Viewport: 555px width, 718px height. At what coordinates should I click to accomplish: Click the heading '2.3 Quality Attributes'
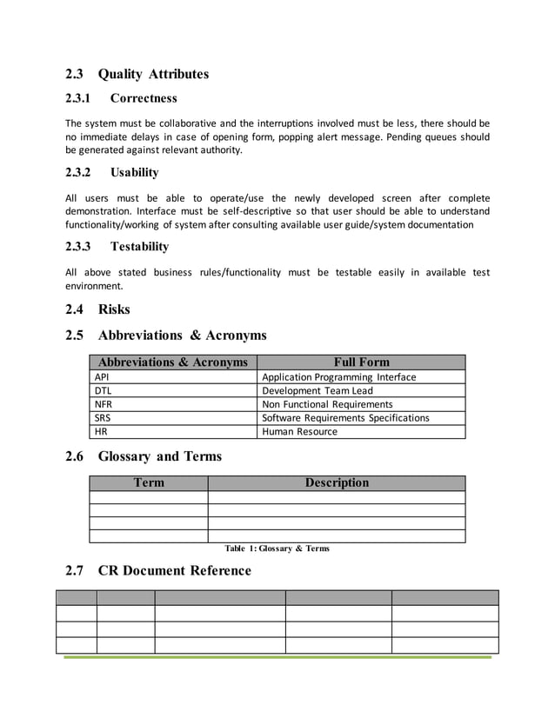(x=137, y=74)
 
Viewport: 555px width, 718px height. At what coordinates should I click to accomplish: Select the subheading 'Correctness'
(x=144, y=98)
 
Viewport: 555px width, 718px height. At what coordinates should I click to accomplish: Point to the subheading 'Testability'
(x=139, y=247)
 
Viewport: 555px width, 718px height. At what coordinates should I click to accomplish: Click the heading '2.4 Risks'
(x=97, y=309)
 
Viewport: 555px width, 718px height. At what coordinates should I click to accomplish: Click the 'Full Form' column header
(x=362, y=362)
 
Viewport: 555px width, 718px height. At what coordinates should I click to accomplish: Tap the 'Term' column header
(x=149, y=483)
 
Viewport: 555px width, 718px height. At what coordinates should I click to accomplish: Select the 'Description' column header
(x=337, y=483)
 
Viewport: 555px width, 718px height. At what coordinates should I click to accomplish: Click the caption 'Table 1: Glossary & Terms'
(x=277, y=548)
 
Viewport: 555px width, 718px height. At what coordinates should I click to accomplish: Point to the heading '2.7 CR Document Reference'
(x=158, y=571)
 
